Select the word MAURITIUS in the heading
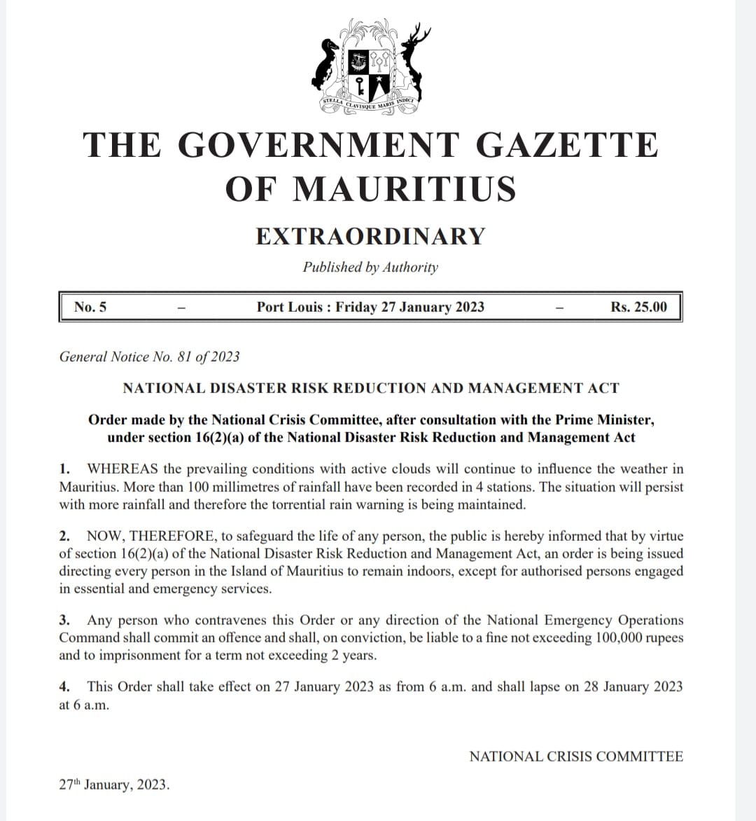pyautogui.click(x=404, y=189)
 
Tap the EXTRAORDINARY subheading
pyautogui.click(x=370, y=236)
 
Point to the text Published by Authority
pyautogui.click(x=370, y=267)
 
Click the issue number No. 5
pyautogui.click(x=90, y=307)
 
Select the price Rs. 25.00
pyautogui.click(x=638, y=307)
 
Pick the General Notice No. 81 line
pyautogui.click(x=149, y=357)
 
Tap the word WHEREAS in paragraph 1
pyautogui.click(x=122, y=469)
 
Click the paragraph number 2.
pyautogui.click(x=64, y=536)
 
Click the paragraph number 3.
pyautogui.click(x=64, y=620)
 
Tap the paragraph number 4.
pyautogui.click(x=64, y=687)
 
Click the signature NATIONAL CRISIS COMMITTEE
pyautogui.click(x=575, y=757)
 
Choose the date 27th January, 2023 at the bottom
pyautogui.click(x=114, y=785)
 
